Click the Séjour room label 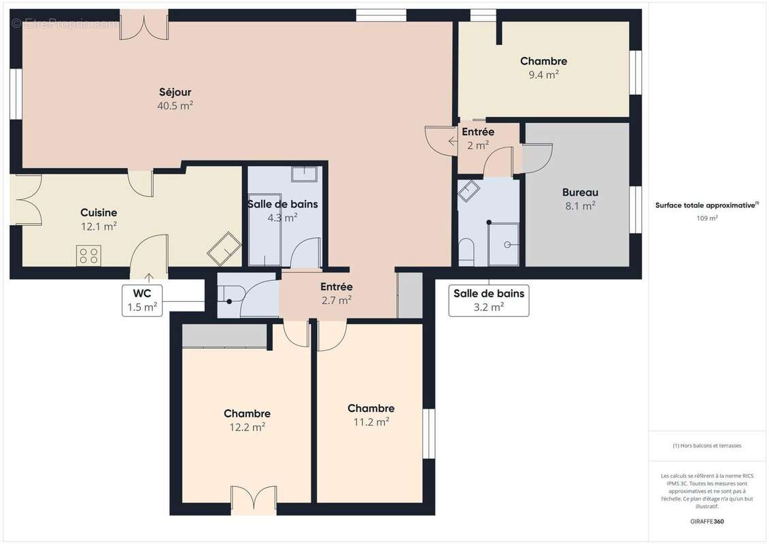[x=175, y=92]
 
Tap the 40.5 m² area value [x=175, y=105]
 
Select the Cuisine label [x=99, y=212]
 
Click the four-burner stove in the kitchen [x=89, y=256]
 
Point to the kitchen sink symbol [x=224, y=248]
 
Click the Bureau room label [x=580, y=192]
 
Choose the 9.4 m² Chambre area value [x=544, y=75]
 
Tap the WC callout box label [x=142, y=300]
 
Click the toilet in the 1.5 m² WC [x=230, y=296]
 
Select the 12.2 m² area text [x=247, y=427]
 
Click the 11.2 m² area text [x=371, y=422]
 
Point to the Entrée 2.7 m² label [x=337, y=293]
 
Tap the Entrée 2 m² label [x=478, y=138]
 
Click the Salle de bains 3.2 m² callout [x=489, y=300]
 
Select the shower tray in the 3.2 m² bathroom [x=504, y=244]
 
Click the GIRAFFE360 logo [x=706, y=522]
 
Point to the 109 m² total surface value [x=706, y=218]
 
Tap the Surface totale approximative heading [x=706, y=205]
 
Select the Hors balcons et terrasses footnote [x=706, y=445]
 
